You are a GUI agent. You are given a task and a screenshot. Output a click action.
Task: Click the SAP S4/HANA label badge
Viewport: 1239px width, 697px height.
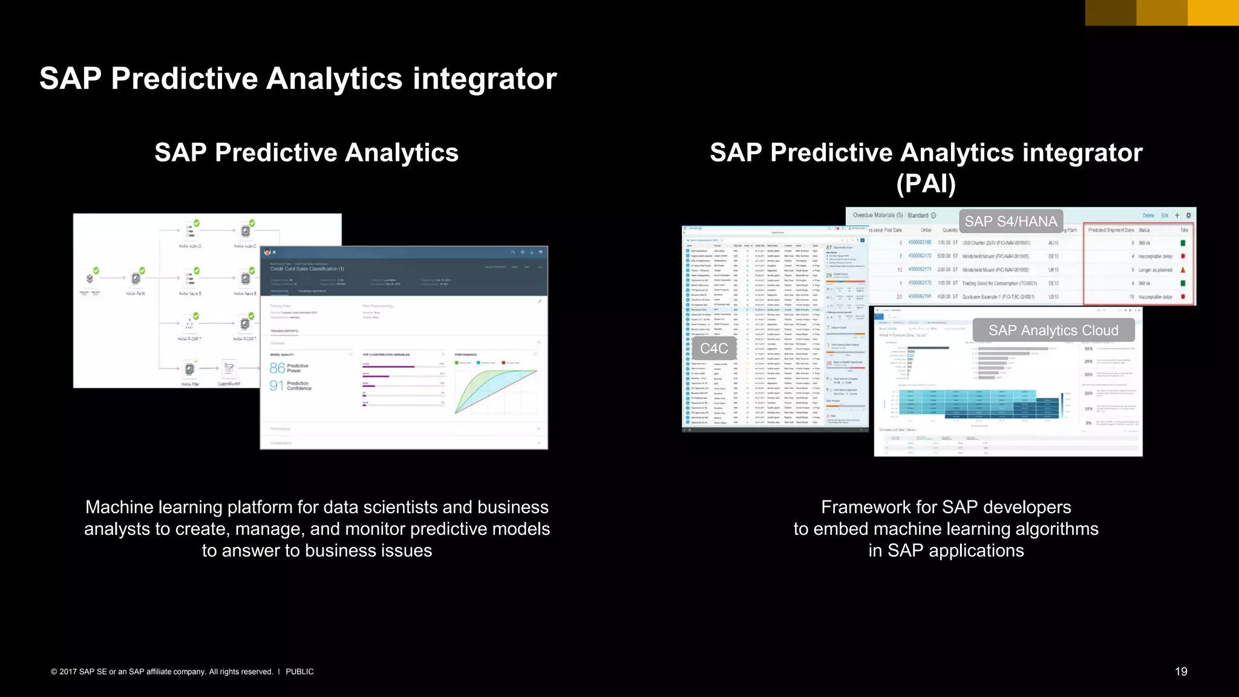tap(1010, 221)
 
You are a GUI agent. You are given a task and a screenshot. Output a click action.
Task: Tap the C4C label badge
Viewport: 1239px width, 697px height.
tap(714, 348)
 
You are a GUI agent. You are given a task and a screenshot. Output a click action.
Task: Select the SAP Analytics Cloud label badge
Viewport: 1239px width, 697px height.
tap(1053, 330)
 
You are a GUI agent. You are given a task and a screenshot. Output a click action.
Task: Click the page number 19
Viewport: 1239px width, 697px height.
tap(1181, 672)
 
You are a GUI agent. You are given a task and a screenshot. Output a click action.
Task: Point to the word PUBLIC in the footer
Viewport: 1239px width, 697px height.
tap(299, 672)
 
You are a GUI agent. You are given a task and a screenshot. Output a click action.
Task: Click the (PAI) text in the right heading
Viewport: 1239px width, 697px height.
tap(926, 183)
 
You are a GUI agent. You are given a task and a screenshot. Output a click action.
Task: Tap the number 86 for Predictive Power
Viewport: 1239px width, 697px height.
tap(277, 368)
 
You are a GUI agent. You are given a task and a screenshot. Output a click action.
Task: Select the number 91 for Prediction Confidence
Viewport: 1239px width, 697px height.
tap(276, 385)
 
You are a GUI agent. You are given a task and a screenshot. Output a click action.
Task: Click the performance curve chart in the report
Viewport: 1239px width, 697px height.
tap(495, 391)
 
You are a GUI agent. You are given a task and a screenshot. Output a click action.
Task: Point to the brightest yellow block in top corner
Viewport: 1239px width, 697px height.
tap(1213, 13)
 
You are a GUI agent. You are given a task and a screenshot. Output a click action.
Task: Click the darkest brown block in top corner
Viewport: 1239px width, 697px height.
tap(1110, 13)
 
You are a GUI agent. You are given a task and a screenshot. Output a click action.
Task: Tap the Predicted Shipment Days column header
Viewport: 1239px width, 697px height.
tap(1111, 230)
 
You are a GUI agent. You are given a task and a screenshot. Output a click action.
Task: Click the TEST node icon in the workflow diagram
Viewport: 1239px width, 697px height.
tap(90, 278)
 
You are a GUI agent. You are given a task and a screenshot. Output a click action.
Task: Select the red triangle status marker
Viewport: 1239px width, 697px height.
tap(1183, 270)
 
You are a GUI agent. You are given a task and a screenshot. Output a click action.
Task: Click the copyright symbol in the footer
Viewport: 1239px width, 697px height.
tap(54, 672)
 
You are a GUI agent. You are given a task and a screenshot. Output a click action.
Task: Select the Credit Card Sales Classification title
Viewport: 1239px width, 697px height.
tap(307, 269)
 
